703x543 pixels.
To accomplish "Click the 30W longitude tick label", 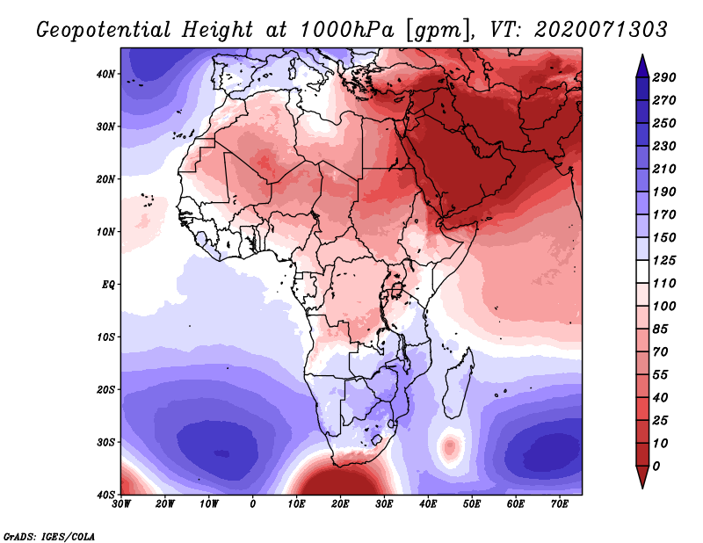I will coord(121,504).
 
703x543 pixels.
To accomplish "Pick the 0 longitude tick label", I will coord(253,504).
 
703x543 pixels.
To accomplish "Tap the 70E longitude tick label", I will coord(560,504).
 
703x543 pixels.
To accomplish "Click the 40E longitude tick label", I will coord(428,504).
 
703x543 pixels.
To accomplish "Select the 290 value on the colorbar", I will coord(664,78).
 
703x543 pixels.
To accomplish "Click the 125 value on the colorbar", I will coord(664,261).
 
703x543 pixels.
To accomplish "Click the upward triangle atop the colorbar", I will coord(642,63).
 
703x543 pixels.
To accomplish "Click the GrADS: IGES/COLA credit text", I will coord(48,535).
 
